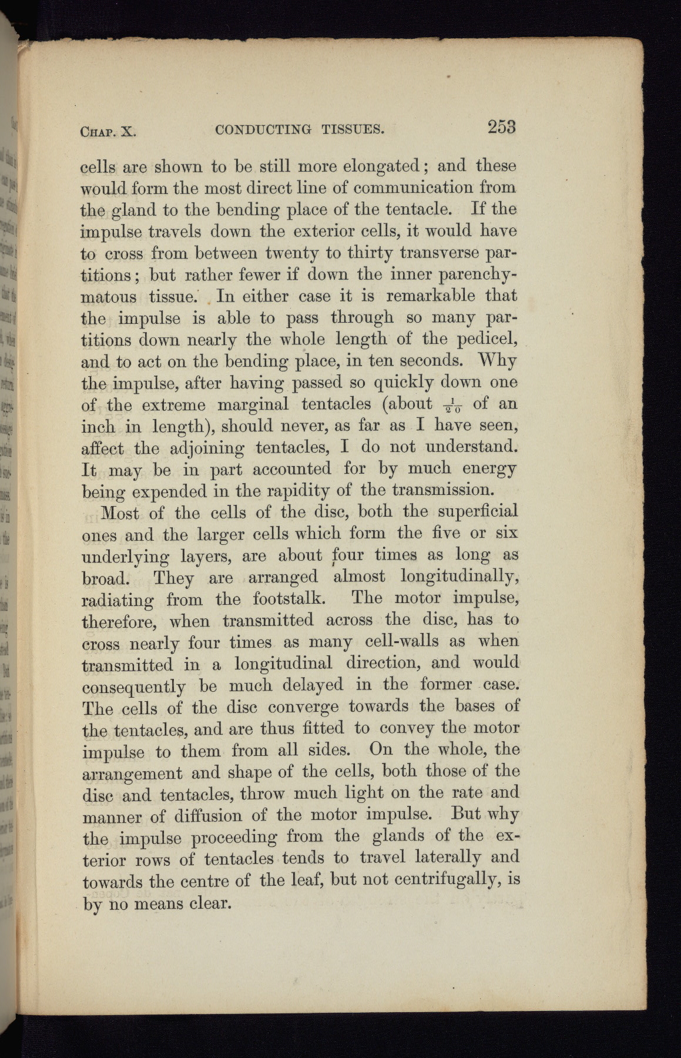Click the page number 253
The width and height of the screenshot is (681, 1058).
click(x=501, y=126)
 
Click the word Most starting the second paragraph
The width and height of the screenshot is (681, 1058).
click(x=120, y=513)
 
